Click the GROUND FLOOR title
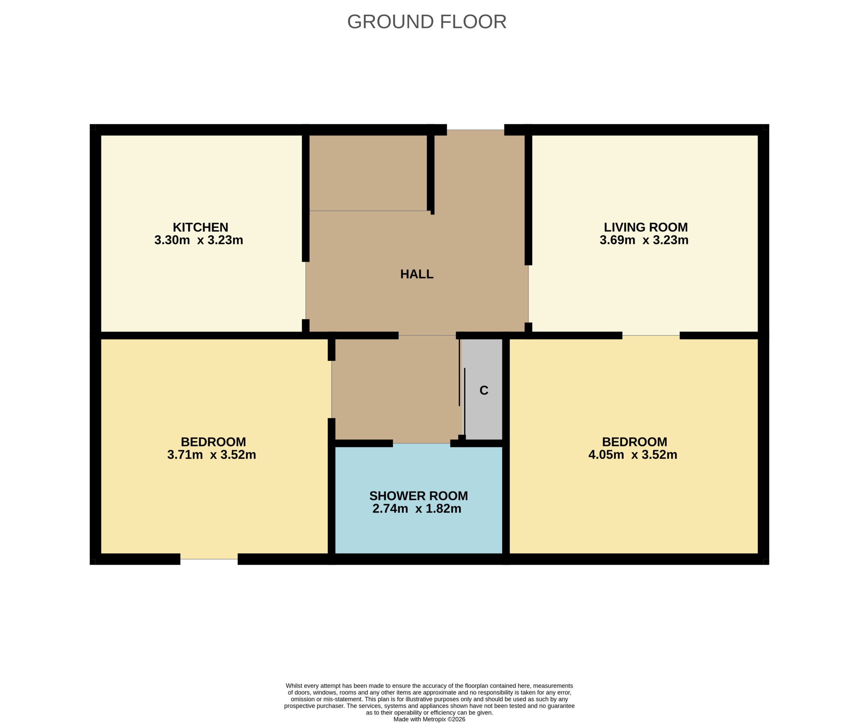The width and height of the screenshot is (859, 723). pos(427,22)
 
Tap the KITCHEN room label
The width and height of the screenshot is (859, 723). pos(200,227)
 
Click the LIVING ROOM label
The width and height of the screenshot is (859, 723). pos(646,227)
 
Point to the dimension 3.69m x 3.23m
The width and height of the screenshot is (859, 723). pos(644,240)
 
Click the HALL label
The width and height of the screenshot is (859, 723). pos(417,274)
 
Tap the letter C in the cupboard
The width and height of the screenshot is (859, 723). pos(484,390)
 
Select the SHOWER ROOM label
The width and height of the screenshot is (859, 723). pos(418,496)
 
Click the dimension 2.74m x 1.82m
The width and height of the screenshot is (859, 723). pos(417,509)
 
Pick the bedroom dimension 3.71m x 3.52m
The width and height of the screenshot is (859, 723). pos(212,454)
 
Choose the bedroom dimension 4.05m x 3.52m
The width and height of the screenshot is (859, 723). pos(633,454)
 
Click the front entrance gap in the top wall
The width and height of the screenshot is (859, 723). pos(475,130)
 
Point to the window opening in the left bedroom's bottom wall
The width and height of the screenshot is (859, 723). pos(209,559)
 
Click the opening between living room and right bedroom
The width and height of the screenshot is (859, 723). pos(651,336)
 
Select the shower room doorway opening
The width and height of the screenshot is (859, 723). pos(421,443)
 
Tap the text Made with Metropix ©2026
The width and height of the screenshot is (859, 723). pos(429,719)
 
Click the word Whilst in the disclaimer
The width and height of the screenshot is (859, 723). pos(294,686)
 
